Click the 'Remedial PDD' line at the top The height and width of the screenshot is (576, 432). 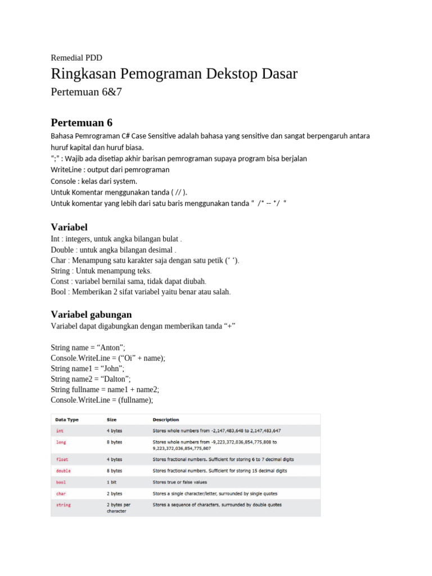(x=76, y=57)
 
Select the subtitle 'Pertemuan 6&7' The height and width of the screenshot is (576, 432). (x=85, y=92)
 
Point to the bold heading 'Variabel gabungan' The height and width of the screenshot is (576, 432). (x=91, y=314)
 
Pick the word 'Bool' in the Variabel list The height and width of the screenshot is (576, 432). (x=59, y=292)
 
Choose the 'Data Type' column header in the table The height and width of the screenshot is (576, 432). (x=66, y=420)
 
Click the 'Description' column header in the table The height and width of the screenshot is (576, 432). (x=166, y=420)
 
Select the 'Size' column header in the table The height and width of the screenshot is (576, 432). (x=112, y=420)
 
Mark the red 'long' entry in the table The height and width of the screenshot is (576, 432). (x=61, y=442)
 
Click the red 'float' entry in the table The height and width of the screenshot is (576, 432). (x=62, y=460)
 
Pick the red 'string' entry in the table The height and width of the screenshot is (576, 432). (x=63, y=505)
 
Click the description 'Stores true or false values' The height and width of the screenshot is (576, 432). (x=179, y=482)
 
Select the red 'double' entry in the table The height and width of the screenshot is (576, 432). (x=63, y=470)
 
